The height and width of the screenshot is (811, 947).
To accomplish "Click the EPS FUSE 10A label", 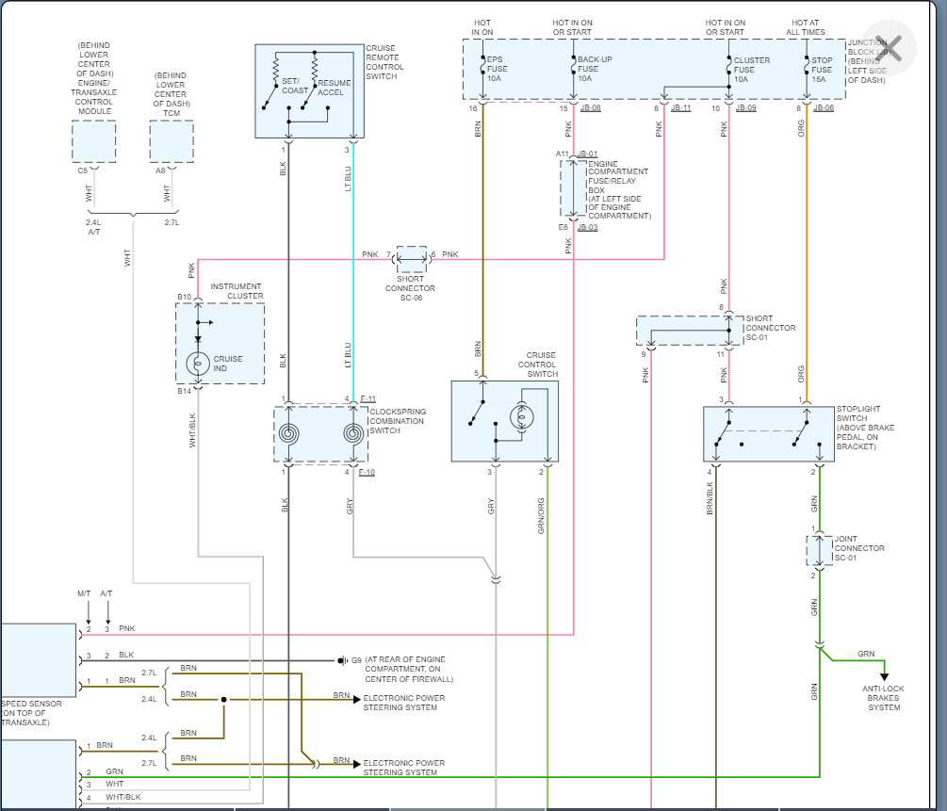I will [x=496, y=69].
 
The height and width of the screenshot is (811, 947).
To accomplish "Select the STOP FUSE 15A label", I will [x=822, y=69].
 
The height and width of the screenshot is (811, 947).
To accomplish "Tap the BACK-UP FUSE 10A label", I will [x=595, y=69].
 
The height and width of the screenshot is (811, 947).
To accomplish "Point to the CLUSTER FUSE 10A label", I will [x=751, y=69].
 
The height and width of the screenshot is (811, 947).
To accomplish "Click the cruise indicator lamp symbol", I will [x=198, y=363].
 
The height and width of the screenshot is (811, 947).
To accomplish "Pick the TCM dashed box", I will [x=171, y=141].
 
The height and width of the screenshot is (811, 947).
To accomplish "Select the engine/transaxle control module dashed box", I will [x=93, y=141].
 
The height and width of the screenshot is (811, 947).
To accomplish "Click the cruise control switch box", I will [x=504, y=420].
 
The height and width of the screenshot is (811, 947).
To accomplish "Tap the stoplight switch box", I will [x=768, y=433].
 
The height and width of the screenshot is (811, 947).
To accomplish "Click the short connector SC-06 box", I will [x=411, y=255].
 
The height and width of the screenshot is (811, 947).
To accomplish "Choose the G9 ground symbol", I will [x=343, y=660].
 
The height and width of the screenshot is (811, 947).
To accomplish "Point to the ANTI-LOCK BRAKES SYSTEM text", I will [x=884, y=698].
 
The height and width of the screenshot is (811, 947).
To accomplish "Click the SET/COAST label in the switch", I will [x=295, y=86].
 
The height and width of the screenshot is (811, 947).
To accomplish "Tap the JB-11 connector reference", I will [x=680, y=108].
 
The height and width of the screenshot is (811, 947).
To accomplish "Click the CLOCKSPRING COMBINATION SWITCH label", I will [x=397, y=421].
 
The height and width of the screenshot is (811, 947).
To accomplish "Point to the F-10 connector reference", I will [x=367, y=472].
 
